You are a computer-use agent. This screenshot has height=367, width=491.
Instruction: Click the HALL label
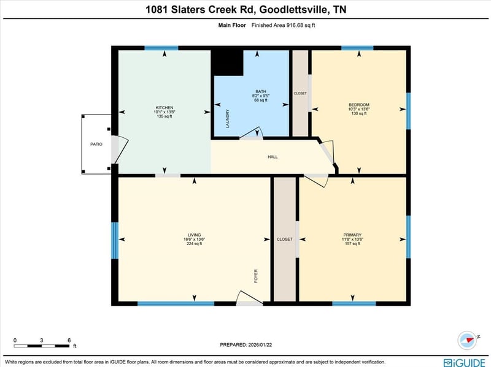(x=273, y=157)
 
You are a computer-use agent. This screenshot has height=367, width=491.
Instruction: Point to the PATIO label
(x=96, y=144)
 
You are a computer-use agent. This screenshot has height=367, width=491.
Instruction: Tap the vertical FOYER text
(x=257, y=276)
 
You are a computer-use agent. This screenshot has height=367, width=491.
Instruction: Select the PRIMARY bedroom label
(x=352, y=235)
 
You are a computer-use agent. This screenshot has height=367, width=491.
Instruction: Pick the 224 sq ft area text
(x=195, y=244)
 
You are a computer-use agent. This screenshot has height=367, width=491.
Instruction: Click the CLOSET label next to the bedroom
(x=300, y=93)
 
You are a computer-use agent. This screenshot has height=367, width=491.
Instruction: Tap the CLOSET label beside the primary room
(x=284, y=239)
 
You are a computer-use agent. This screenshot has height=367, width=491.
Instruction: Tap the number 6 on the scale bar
(x=69, y=339)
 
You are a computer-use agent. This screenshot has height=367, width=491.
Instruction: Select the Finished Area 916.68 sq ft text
(x=284, y=25)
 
